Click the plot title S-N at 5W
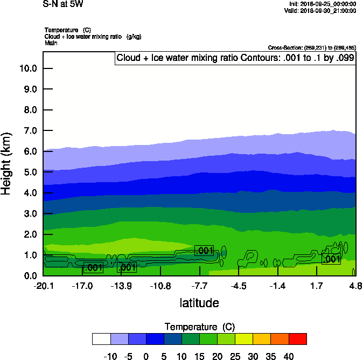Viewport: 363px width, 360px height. pyautogui.click(x=63, y=4)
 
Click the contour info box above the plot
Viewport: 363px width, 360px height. pyautogui.click(x=235, y=58)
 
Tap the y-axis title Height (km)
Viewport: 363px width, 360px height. pyautogui.click(x=7, y=164)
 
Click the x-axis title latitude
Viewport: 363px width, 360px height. pyautogui.click(x=199, y=303)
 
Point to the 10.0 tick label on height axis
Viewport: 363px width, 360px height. pyautogui.click(x=27, y=68)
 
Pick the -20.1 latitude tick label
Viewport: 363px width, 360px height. pyautogui.click(x=43, y=286)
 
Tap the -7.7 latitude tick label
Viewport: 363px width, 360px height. pyautogui.click(x=200, y=286)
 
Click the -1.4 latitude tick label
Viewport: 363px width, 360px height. pyautogui.click(x=278, y=286)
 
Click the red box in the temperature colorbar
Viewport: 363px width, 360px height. pyautogui.click(x=297, y=339)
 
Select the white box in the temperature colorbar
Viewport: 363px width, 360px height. pyautogui.click(x=101, y=339)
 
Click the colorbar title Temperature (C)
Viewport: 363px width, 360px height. pyautogui.click(x=199, y=327)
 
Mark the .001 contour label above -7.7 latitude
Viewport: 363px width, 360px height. pyautogui.click(x=204, y=251)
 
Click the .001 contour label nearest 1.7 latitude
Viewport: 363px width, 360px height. pyautogui.click(x=331, y=259)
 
